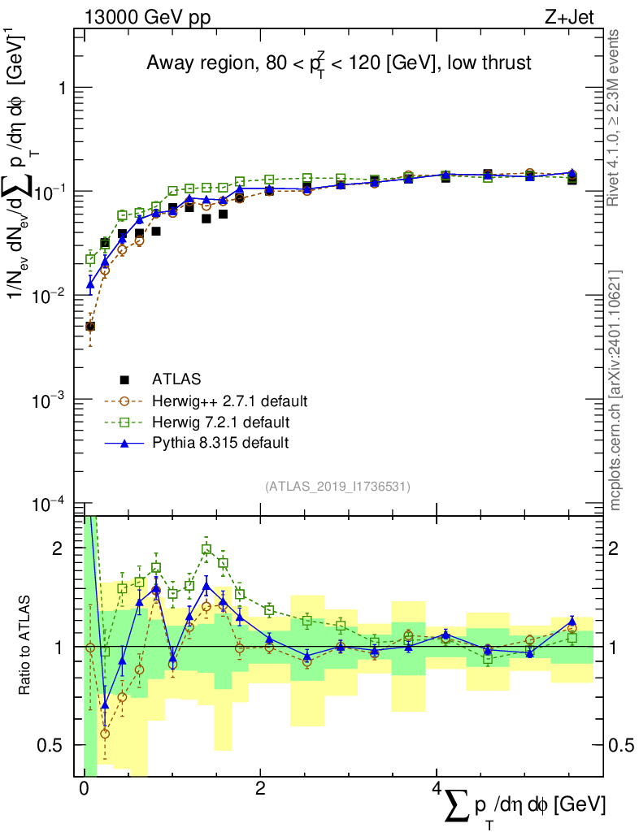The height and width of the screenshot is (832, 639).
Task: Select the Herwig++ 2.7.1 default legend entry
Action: pos(229,401)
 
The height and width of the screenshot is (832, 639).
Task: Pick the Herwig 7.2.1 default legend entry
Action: pos(220,422)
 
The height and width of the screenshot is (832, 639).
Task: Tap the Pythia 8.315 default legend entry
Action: pos(220,443)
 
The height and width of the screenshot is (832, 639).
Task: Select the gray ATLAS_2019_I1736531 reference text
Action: pos(337,487)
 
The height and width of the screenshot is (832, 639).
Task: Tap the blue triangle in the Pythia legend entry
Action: pos(124,443)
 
